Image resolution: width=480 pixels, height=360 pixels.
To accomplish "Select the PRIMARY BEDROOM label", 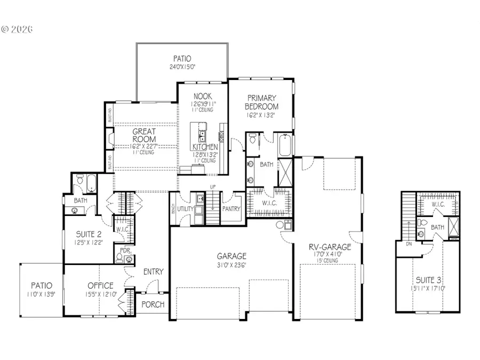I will coord(261,102).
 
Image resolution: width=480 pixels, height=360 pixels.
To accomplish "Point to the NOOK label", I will coord(203,97).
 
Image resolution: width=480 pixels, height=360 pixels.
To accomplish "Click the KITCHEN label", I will coord(205,147).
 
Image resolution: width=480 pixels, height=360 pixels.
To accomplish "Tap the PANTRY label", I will coord(231,210).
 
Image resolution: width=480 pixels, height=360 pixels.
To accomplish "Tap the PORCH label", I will coord(153,305).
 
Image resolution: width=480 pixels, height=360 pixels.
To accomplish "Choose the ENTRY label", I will coord(153,272).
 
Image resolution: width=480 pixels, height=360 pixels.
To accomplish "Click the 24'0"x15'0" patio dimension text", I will coord(182,68).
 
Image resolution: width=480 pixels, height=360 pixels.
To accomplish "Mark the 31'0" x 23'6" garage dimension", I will coord(231,265).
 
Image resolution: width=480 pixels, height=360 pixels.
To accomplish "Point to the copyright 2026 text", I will coord(17,29).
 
